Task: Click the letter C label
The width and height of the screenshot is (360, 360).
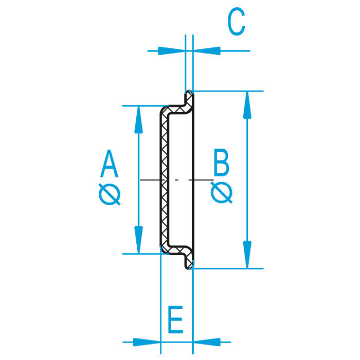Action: pos(236,22)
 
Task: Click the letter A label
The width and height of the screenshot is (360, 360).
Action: pos(109,164)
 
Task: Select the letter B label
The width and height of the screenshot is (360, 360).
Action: pos(221,163)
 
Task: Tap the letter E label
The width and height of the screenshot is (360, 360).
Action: pos(176,319)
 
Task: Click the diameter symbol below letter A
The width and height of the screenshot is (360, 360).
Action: pos(110,194)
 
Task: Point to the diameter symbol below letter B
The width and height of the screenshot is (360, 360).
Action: pos(222,192)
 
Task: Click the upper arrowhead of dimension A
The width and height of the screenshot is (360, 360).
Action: pos(138,120)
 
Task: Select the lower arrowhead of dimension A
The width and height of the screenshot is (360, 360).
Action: pos(138,240)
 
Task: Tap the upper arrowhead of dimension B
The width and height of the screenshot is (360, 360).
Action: pos(247,105)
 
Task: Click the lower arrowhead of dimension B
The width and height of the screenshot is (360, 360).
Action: pos(247,255)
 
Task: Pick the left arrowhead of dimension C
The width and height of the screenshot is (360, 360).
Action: pos(171,51)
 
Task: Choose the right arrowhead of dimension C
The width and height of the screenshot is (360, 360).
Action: pos(207,51)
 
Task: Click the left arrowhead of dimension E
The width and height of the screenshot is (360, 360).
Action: pos(147,342)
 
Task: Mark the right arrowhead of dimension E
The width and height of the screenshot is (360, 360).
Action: pos(207,342)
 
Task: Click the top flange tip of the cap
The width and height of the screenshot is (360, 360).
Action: pos(189,92)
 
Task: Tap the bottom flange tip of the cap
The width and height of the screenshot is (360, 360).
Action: pos(189,268)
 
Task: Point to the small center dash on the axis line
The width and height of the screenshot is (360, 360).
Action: pos(176,180)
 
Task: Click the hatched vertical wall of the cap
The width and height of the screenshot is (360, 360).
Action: pos(165,180)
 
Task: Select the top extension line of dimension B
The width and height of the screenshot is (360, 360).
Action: pos(227,92)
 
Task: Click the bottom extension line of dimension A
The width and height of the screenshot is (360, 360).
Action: pos(146,254)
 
